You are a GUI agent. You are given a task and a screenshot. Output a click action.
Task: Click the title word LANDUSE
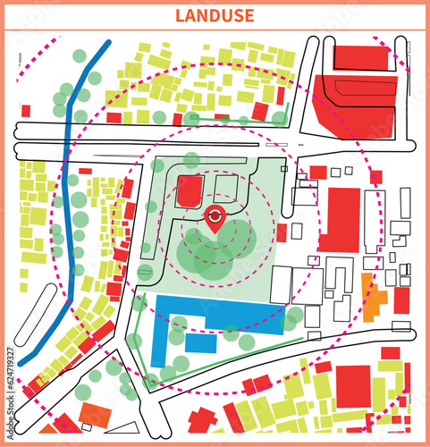[215, 15]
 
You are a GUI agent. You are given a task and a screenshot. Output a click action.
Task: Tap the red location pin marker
[215, 217]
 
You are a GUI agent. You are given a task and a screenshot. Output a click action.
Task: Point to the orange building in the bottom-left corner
[94, 414]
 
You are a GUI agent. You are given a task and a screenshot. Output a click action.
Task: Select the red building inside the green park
[190, 191]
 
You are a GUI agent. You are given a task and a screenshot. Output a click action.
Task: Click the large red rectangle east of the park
[341, 219]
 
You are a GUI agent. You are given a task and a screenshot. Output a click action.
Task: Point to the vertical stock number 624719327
[10, 386]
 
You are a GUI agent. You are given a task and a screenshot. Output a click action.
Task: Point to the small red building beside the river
[85, 171]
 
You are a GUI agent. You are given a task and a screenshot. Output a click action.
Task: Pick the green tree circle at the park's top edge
[190, 160]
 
